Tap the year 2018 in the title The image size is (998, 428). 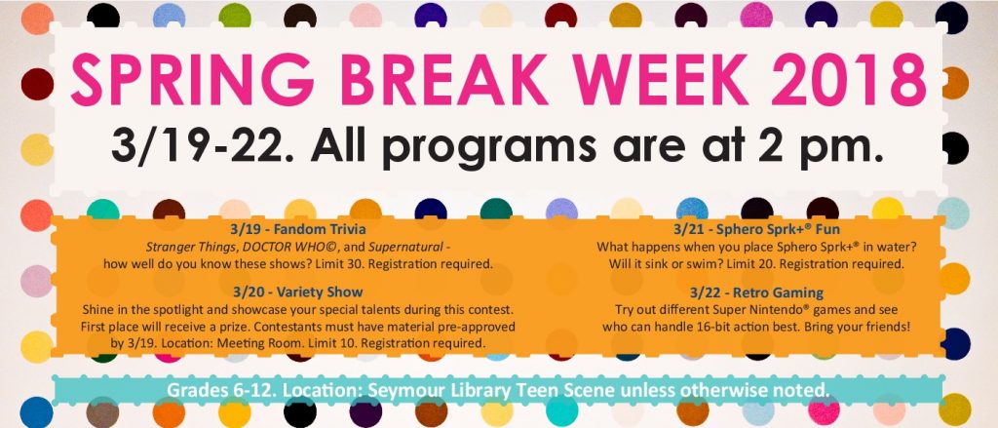pyautogui.click(x=848, y=80)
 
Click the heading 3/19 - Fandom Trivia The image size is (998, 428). pyautogui.click(x=298, y=229)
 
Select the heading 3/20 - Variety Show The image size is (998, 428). pyautogui.click(x=298, y=293)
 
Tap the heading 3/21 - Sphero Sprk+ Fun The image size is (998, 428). pyautogui.click(x=756, y=229)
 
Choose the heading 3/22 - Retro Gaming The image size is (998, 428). pyautogui.click(x=756, y=293)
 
